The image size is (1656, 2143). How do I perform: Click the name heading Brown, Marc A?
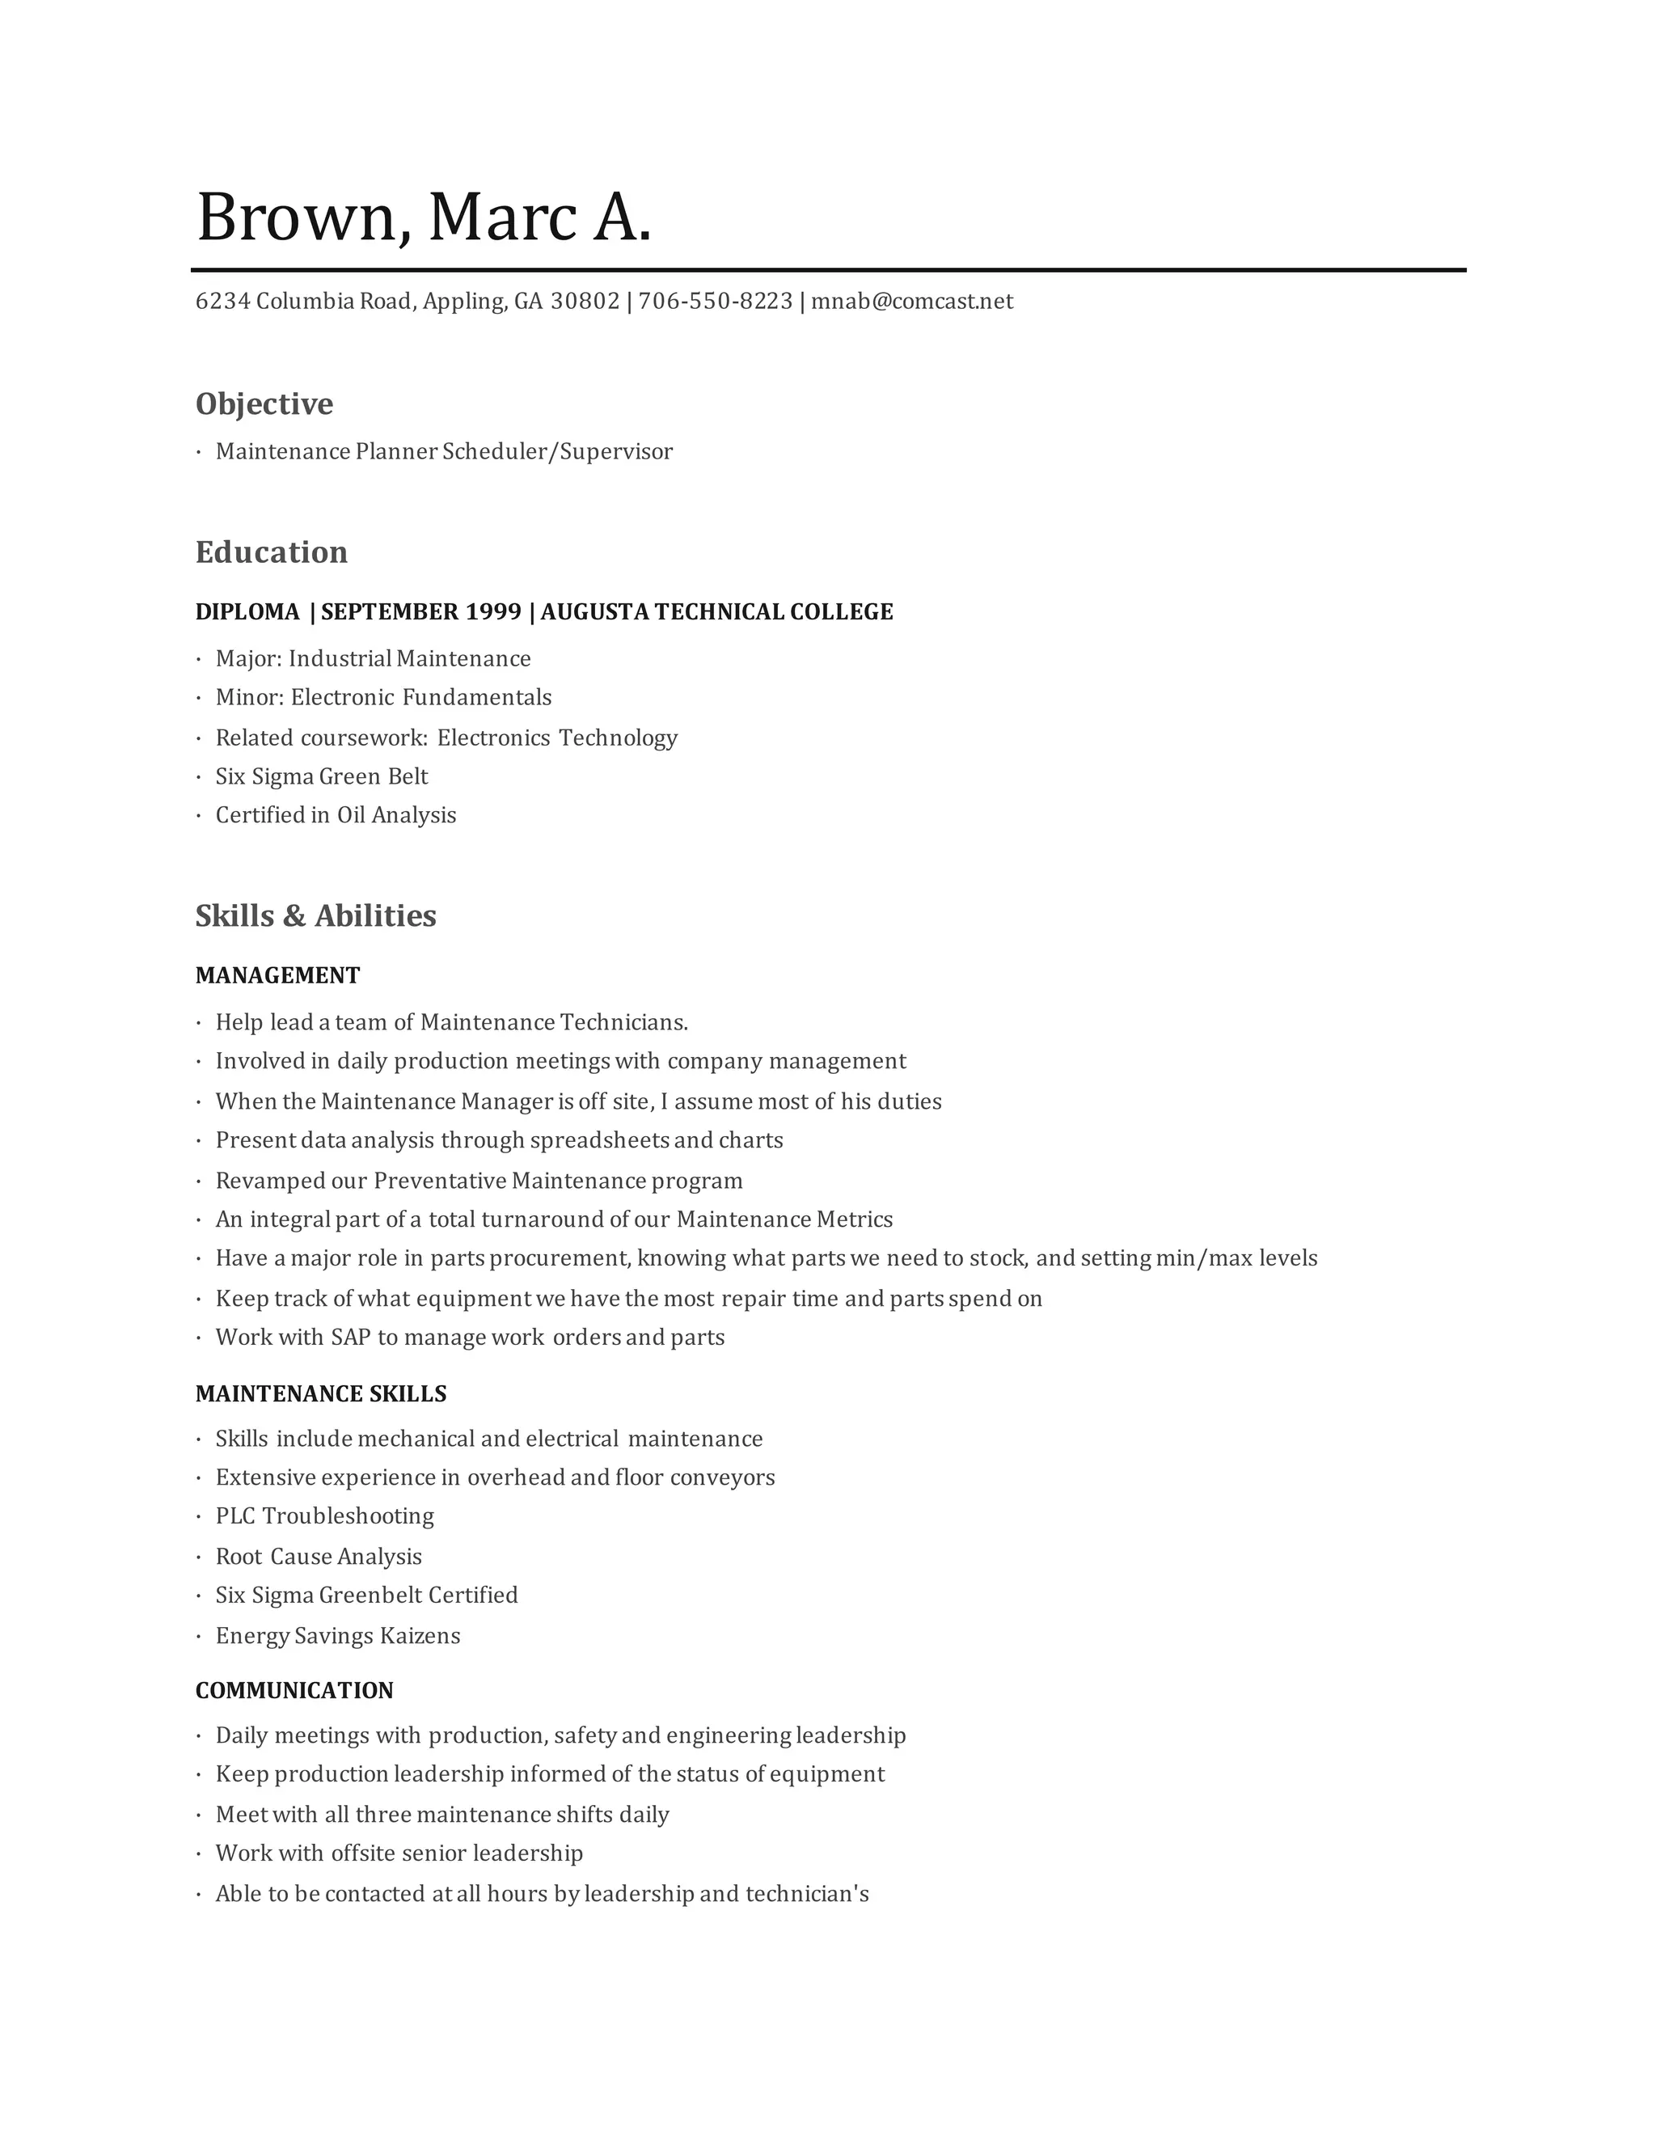tap(424, 217)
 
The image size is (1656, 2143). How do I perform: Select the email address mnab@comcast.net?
tap(911, 302)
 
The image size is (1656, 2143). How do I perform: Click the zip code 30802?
tap(585, 302)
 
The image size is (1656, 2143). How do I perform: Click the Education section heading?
tap(272, 552)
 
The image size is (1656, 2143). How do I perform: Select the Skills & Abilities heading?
tap(316, 915)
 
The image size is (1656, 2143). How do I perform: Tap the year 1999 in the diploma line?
tap(493, 612)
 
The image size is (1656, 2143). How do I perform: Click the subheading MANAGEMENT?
tap(277, 975)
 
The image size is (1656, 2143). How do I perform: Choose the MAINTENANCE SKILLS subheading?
tap(321, 1393)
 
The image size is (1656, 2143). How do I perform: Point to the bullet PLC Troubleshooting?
tap(325, 1516)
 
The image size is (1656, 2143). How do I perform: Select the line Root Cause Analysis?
tap(319, 1556)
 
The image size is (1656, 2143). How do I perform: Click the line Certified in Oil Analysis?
tap(336, 815)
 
